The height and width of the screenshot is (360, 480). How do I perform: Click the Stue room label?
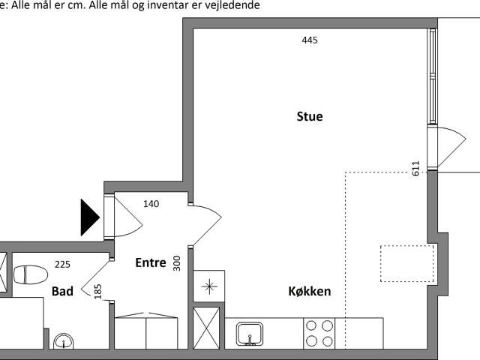point(310,116)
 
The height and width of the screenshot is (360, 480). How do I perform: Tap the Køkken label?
point(310,291)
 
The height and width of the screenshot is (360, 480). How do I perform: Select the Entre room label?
point(151,262)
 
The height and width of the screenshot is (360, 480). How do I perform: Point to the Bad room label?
point(62,291)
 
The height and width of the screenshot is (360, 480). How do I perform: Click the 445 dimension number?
point(310,40)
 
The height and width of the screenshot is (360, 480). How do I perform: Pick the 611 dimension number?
point(415,168)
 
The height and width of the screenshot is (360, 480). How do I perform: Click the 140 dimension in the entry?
point(151,203)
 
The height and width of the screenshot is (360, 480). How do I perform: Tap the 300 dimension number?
point(177,263)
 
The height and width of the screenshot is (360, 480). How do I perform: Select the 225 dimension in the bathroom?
point(62,264)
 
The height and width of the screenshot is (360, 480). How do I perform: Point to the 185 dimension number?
point(97,292)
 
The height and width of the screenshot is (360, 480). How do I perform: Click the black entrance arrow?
point(90,217)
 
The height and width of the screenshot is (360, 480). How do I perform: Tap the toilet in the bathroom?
point(31,274)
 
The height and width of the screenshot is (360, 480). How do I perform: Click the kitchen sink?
point(250,334)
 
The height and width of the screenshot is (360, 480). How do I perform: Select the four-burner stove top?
point(319,333)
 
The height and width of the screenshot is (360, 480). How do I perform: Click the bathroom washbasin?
point(63,341)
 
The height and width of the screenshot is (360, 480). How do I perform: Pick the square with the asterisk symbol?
point(209,286)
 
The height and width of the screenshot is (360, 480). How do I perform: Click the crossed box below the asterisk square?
point(206,328)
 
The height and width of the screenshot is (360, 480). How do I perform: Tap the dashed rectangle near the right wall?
point(407,263)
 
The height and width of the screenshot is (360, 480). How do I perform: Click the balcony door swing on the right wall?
point(452,147)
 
